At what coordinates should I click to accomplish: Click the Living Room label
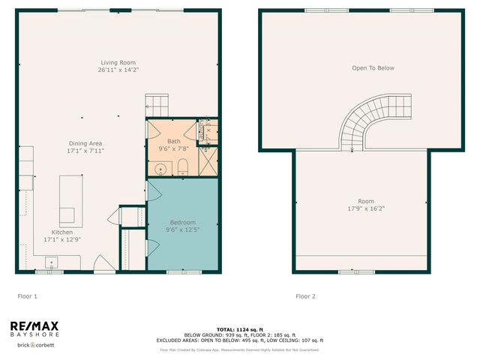[118, 62]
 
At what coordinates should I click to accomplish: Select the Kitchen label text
[62, 232]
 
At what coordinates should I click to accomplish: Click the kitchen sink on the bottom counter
[50, 262]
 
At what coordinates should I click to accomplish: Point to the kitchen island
[69, 199]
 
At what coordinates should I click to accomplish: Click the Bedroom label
[182, 222]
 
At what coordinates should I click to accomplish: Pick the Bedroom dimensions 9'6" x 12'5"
[182, 230]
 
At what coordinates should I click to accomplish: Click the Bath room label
[174, 141]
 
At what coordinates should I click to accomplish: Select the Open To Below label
[373, 68]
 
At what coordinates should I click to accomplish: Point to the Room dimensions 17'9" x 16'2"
[365, 208]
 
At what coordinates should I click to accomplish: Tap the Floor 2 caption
[305, 296]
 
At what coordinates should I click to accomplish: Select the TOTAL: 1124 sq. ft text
[239, 329]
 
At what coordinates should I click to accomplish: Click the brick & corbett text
[27, 343]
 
